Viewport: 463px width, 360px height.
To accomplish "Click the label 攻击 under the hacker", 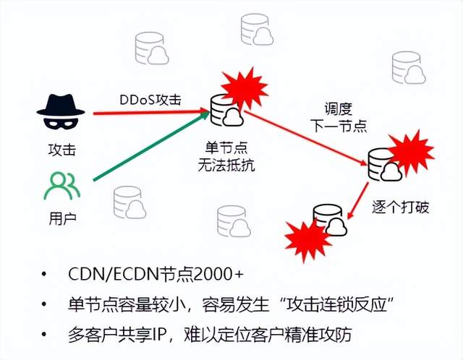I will tap(61, 150).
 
